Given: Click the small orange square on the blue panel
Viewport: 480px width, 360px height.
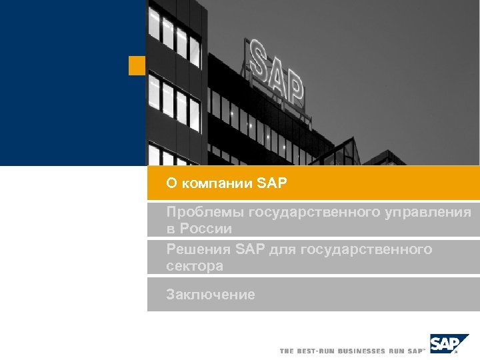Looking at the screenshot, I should click(x=137, y=65).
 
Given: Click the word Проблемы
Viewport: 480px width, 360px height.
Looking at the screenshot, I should click(x=205, y=213).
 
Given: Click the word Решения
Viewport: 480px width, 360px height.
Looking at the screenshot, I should click(x=199, y=249).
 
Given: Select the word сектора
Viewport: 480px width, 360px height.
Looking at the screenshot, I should click(x=195, y=266).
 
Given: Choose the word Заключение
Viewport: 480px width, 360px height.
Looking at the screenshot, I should click(x=211, y=294).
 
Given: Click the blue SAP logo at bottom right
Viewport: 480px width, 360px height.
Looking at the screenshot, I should click(x=445, y=343).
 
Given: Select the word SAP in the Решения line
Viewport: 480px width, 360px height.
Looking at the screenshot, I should click(x=250, y=249).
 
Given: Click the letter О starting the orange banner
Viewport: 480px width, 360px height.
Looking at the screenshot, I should click(x=171, y=183).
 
